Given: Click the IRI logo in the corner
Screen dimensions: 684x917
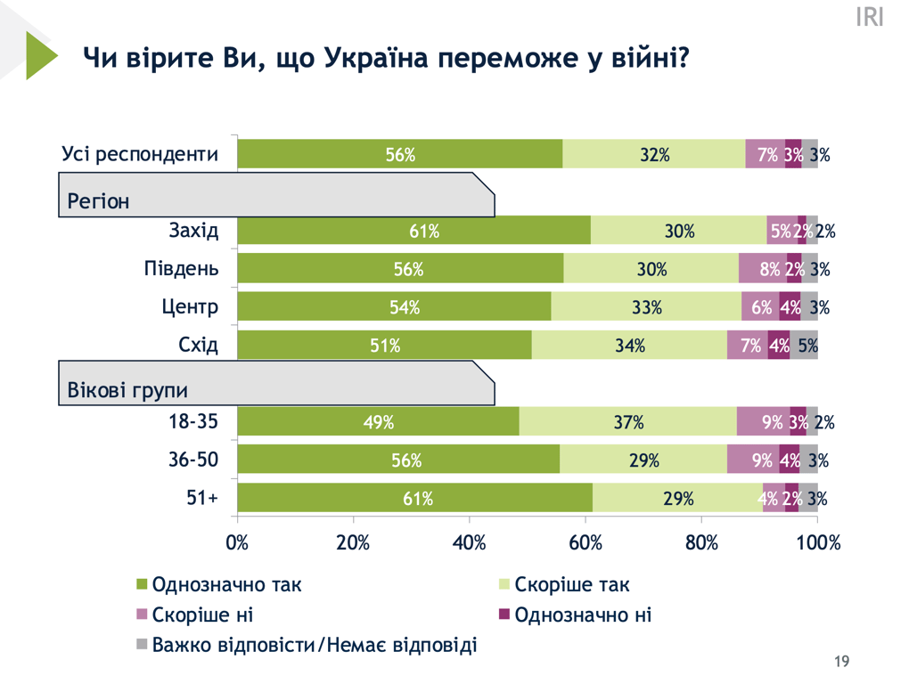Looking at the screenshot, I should pos(869,17).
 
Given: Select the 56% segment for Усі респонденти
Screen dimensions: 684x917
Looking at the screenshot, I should pos(400,154).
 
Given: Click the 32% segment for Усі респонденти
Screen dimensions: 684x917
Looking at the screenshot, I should pos(654,154).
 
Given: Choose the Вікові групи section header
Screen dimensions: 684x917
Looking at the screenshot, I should pos(127,390).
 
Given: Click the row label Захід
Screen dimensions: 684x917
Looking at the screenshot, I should pos(193,231).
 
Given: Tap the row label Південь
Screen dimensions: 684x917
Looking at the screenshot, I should pos(181,269).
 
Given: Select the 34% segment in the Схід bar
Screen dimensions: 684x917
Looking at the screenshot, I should pos(629,346).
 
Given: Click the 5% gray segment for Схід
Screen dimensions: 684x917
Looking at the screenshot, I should pos(806,346).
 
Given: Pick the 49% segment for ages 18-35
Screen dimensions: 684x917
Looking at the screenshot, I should pos(379,422).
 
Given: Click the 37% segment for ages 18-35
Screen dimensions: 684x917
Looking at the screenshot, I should pos(628,422).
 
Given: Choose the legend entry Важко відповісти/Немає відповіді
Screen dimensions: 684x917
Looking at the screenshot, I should pos(314,645).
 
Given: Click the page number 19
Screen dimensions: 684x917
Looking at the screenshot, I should pos(841,662).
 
